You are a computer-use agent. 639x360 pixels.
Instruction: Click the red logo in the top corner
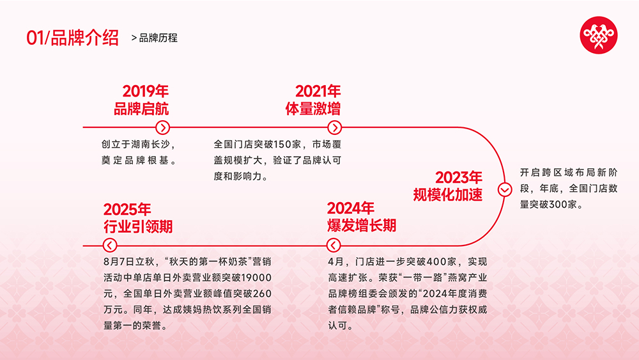point(598,35)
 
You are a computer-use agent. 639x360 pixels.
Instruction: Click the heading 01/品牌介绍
point(72,38)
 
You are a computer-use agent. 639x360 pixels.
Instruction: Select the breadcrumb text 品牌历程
point(158,38)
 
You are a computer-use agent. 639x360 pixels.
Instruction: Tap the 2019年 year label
point(146,91)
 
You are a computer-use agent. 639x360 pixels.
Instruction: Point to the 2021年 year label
point(318,91)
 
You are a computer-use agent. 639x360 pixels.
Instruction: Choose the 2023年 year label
point(459,177)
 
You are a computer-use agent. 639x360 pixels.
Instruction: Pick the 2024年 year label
point(351,208)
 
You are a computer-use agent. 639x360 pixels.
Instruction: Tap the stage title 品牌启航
point(141,109)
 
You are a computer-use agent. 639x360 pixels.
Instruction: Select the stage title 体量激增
point(312,109)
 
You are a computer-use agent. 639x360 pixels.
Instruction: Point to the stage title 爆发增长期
point(361,226)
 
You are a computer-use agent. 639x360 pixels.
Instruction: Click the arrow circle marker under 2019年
point(162,127)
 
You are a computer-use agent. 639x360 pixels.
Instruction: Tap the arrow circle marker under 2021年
point(334,127)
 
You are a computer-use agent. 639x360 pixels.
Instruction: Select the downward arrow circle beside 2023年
point(504,189)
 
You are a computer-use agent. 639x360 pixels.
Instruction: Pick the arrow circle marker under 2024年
point(333,245)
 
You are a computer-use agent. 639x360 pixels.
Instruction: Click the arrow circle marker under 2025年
point(109,245)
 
